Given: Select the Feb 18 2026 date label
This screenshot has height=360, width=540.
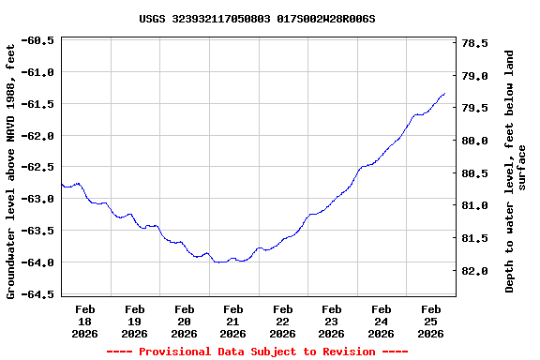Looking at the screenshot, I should (x=85, y=321).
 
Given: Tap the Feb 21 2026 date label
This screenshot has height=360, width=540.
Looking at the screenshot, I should (x=233, y=321).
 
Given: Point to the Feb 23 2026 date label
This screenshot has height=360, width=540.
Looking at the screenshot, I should (x=332, y=321).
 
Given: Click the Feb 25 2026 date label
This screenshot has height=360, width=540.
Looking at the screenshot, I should (x=431, y=321).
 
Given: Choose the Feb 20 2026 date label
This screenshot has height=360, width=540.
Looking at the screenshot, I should (x=184, y=321).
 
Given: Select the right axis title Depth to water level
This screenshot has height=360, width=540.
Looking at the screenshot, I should (x=516, y=171).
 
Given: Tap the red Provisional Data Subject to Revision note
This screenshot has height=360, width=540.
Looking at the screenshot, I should (x=257, y=352).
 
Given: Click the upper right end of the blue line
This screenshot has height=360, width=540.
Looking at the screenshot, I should (x=444, y=94).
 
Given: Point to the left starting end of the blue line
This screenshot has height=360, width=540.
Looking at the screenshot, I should (x=62, y=184).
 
